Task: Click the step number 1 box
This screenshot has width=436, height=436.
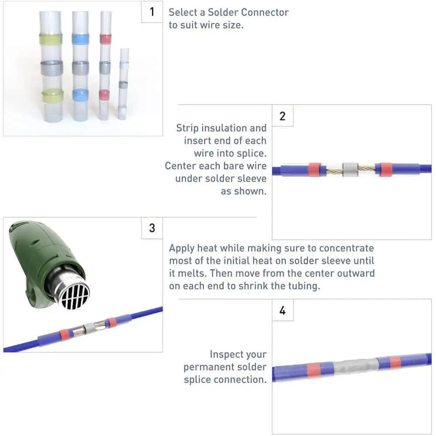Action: [x=152, y=12]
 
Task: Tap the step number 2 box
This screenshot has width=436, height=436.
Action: [x=283, y=116]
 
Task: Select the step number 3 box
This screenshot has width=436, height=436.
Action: [x=152, y=228]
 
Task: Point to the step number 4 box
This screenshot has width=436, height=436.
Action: [x=283, y=310]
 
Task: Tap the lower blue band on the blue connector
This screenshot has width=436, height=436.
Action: [x=81, y=95]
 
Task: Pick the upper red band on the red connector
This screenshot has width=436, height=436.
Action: [x=106, y=39]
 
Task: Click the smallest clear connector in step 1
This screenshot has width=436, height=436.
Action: [x=123, y=84]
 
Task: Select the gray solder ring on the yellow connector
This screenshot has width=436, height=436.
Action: [x=52, y=68]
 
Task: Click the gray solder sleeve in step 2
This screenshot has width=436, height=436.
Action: [x=350, y=170]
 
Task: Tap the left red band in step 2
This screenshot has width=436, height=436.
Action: [x=315, y=169]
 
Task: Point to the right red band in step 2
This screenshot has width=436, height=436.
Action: [x=386, y=170]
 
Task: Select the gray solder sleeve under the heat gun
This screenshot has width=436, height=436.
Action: [x=90, y=328]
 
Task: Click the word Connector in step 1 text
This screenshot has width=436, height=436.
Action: [x=265, y=12]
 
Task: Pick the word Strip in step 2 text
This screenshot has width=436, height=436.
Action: [x=187, y=129]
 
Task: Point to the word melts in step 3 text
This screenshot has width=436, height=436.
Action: [x=192, y=273]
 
